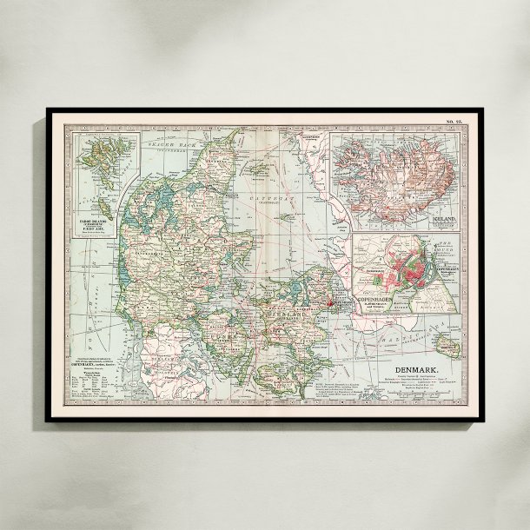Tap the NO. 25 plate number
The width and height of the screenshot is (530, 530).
pyautogui.click(x=454, y=119)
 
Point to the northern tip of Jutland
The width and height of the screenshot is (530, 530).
pyautogui.click(x=235, y=132)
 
